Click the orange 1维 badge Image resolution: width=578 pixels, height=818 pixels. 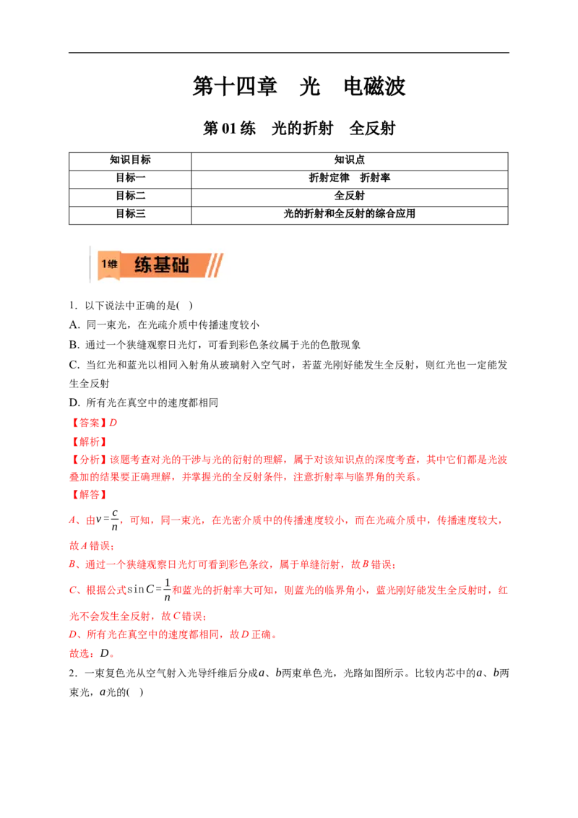(x=109, y=264)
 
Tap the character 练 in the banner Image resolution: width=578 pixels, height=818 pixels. (x=144, y=265)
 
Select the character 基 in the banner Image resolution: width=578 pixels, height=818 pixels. (x=162, y=265)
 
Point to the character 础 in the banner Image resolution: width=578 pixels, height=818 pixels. (x=180, y=265)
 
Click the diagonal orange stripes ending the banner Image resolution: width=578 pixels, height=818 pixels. (x=215, y=265)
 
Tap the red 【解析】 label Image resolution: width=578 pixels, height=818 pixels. (x=88, y=440)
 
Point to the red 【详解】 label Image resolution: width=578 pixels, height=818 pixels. (x=88, y=496)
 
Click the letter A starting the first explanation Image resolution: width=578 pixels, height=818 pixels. (x=72, y=520)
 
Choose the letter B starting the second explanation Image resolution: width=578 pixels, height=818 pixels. (x=72, y=565)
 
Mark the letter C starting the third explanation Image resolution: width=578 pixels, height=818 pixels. (x=72, y=590)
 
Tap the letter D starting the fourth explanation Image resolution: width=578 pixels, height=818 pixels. (x=72, y=636)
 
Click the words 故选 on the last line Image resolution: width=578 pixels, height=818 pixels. (x=80, y=654)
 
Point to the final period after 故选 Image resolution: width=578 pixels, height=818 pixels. (x=113, y=656)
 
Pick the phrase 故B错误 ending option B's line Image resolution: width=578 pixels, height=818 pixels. (x=376, y=565)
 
